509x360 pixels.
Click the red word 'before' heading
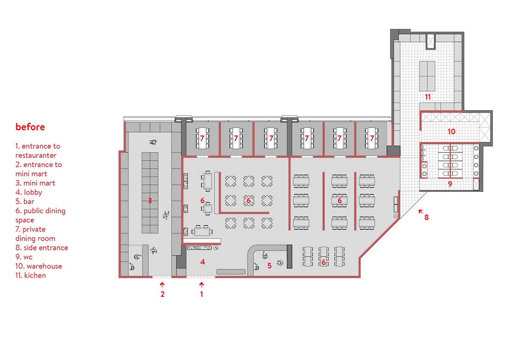pos(30,127)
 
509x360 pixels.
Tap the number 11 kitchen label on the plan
pos(428,97)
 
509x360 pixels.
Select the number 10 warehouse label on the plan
pos(451,131)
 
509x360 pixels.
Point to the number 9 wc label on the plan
pos(450,184)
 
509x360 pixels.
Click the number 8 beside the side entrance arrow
pos(427,218)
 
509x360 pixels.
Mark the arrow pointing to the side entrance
pos(421,212)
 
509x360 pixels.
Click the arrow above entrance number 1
pos(201,285)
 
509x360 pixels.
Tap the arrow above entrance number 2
pos(162,285)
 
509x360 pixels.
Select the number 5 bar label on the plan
pos(269,265)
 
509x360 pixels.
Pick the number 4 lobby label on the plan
pos(202,262)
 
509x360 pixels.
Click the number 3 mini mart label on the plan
pos(150,200)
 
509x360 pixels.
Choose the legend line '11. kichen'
pos(31,275)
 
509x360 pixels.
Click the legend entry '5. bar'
pos(25,201)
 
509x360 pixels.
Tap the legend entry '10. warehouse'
pos(39,266)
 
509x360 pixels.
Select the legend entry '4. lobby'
pos(29,193)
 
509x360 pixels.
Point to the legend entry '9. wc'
pos(24,257)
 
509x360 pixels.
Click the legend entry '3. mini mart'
pos(35,183)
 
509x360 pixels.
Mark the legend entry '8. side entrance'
pos(42,248)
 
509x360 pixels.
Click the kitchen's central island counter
pos(427,76)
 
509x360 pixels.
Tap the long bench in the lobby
pos(231,272)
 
